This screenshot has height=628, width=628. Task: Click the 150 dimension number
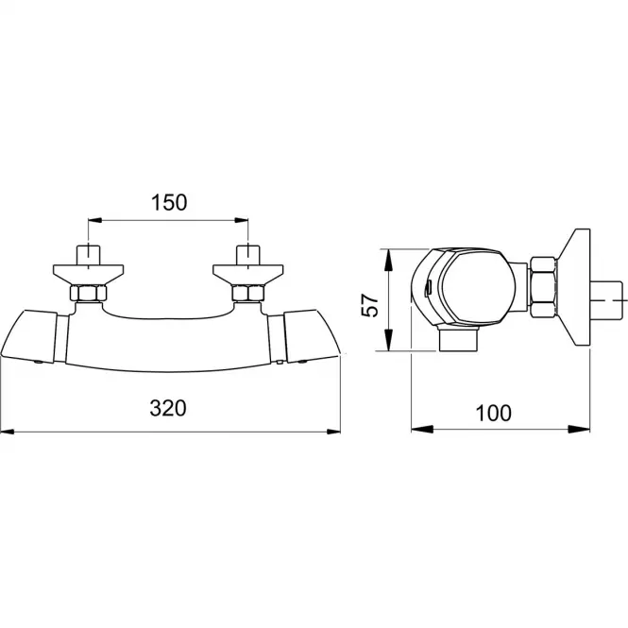click(x=169, y=203)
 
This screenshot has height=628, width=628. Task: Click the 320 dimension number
click(x=168, y=409)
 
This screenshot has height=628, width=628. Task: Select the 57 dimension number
click(x=369, y=306)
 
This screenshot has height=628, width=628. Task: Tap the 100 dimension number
click(x=493, y=414)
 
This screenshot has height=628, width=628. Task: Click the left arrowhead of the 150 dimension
click(x=95, y=220)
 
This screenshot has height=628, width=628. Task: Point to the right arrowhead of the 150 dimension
click(x=241, y=220)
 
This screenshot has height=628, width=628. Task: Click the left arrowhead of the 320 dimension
click(x=8, y=432)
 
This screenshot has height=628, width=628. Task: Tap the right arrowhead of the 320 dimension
click(x=333, y=432)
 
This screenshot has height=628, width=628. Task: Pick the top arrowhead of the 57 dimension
click(x=388, y=259)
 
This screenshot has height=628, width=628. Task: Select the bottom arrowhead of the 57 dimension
click(x=388, y=340)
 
